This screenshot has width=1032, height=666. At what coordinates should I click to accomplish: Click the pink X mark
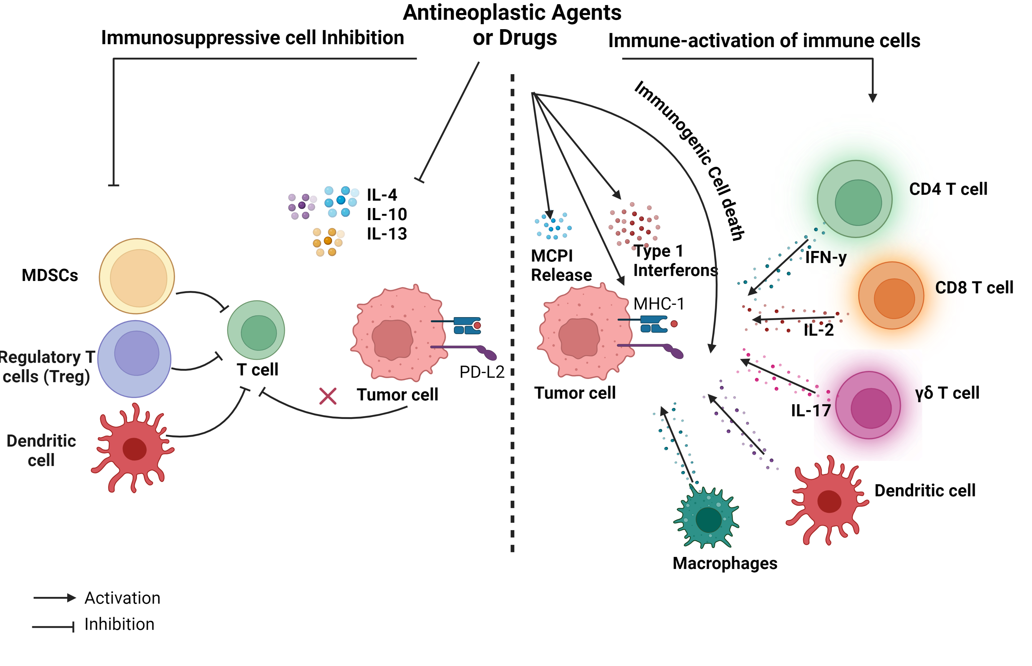pyautogui.click(x=328, y=396)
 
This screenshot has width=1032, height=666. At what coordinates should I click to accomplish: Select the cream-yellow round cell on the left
pyautogui.click(x=137, y=276)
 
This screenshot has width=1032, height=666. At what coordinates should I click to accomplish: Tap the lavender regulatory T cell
pyautogui.click(x=134, y=359)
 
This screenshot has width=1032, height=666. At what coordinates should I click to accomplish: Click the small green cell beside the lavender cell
pyautogui.click(x=256, y=330)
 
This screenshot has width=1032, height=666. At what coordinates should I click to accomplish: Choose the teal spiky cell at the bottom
pyautogui.click(x=707, y=518)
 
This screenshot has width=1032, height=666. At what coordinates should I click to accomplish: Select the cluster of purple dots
pyautogui.click(x=302, y=206)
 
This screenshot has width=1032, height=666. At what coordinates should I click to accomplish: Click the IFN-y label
pyautogui.click(x=826, y=257)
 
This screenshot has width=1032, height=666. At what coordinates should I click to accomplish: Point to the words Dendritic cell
pyautogui.click(x=42, y=450)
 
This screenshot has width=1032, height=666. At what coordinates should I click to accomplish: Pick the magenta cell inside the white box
pyautogui.click(x=868, y=405)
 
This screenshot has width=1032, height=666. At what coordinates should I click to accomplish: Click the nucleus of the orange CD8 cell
pyautogui.click(x=894, y=298)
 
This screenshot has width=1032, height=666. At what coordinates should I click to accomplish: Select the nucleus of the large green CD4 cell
pyautogui.click(x=858, y=202)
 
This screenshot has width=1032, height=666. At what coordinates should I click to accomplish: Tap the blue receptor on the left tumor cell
pyautogui.click(x=467, y=326)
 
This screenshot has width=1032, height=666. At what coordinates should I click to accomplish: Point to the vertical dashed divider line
pyautogui.click(x=512, y=311)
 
